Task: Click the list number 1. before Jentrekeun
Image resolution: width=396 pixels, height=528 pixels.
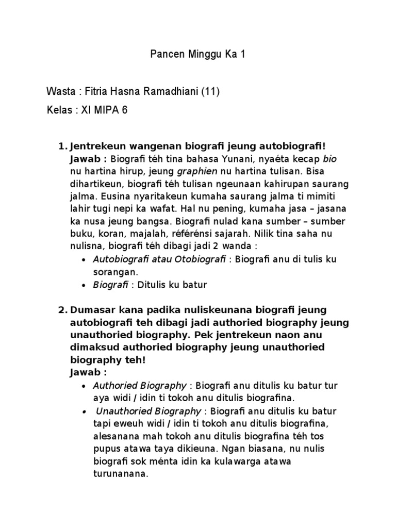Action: pos(63,146)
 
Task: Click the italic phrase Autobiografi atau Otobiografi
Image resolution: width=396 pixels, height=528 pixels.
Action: pos(159,259)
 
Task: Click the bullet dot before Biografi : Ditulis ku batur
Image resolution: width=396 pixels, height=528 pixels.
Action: pos(84,285)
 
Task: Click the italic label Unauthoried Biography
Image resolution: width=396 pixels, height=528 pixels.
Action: pos(148,411)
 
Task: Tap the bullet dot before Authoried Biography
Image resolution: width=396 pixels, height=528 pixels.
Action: pos(84,386)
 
